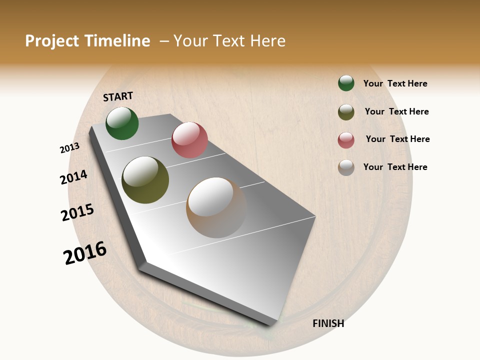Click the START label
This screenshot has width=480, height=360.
(x=118, y=96)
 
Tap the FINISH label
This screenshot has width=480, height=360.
(x=328, y=323)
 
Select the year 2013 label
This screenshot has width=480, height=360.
(x=70, y=148)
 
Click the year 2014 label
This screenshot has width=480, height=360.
(x=73, y=177)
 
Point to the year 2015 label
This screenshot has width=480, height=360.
(x=77, y=212)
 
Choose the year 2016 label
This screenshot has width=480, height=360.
(x=85, y=253)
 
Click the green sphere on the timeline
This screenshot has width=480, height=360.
(x=122, y=123)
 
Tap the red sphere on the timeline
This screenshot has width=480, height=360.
(x=189, y=140)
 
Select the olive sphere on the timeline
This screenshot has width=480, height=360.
(x=145, y=180)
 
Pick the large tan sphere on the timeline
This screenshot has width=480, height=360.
(x=216, y=207)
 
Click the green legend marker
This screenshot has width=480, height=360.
(x=346, y=83)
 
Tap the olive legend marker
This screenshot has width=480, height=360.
(x=346, y=112)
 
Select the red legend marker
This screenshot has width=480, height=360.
(x=346, y=140)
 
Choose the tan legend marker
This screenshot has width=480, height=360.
(x=346, y=167)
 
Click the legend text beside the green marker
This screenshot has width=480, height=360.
(x=395, y=83)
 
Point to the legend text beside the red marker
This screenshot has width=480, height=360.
(x=397, y=139)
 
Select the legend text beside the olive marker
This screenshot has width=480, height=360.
(x=396, y=111)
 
